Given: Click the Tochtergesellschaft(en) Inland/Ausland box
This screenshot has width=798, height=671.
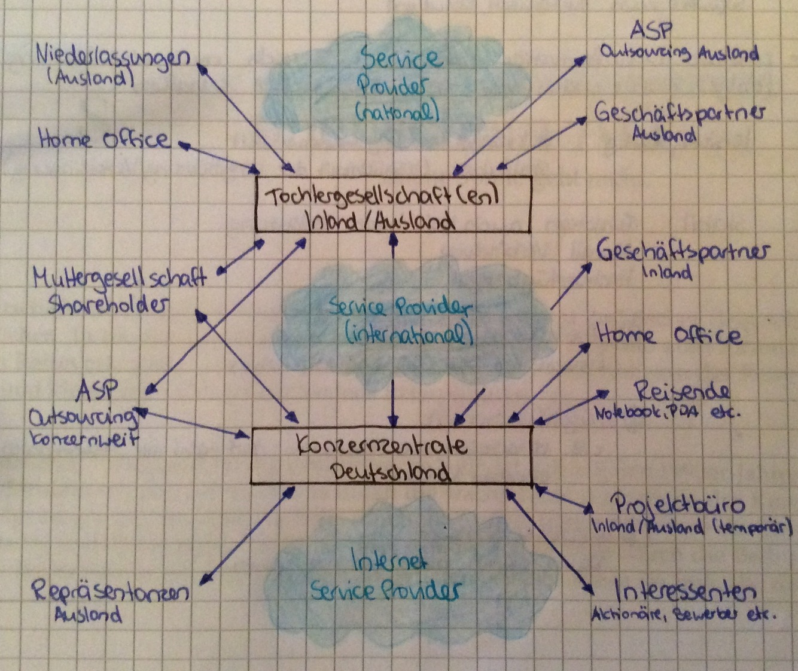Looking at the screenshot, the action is point(393,204).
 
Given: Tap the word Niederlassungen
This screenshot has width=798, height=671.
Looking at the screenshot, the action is point(113,58).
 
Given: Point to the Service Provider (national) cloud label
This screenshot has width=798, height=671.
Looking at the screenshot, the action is point(400,84).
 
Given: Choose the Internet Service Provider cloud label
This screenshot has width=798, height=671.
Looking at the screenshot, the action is point(386,577).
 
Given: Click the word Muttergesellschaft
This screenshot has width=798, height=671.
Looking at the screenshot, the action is point(120,278).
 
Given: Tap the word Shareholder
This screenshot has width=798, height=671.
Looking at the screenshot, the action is point(106,305).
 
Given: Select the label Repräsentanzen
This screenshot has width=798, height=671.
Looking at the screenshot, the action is point(111,593).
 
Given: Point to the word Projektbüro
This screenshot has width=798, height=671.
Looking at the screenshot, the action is point(678,505).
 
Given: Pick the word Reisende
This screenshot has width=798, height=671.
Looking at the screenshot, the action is point(682,392).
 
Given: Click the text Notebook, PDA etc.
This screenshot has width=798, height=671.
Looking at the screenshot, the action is point(663,413).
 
